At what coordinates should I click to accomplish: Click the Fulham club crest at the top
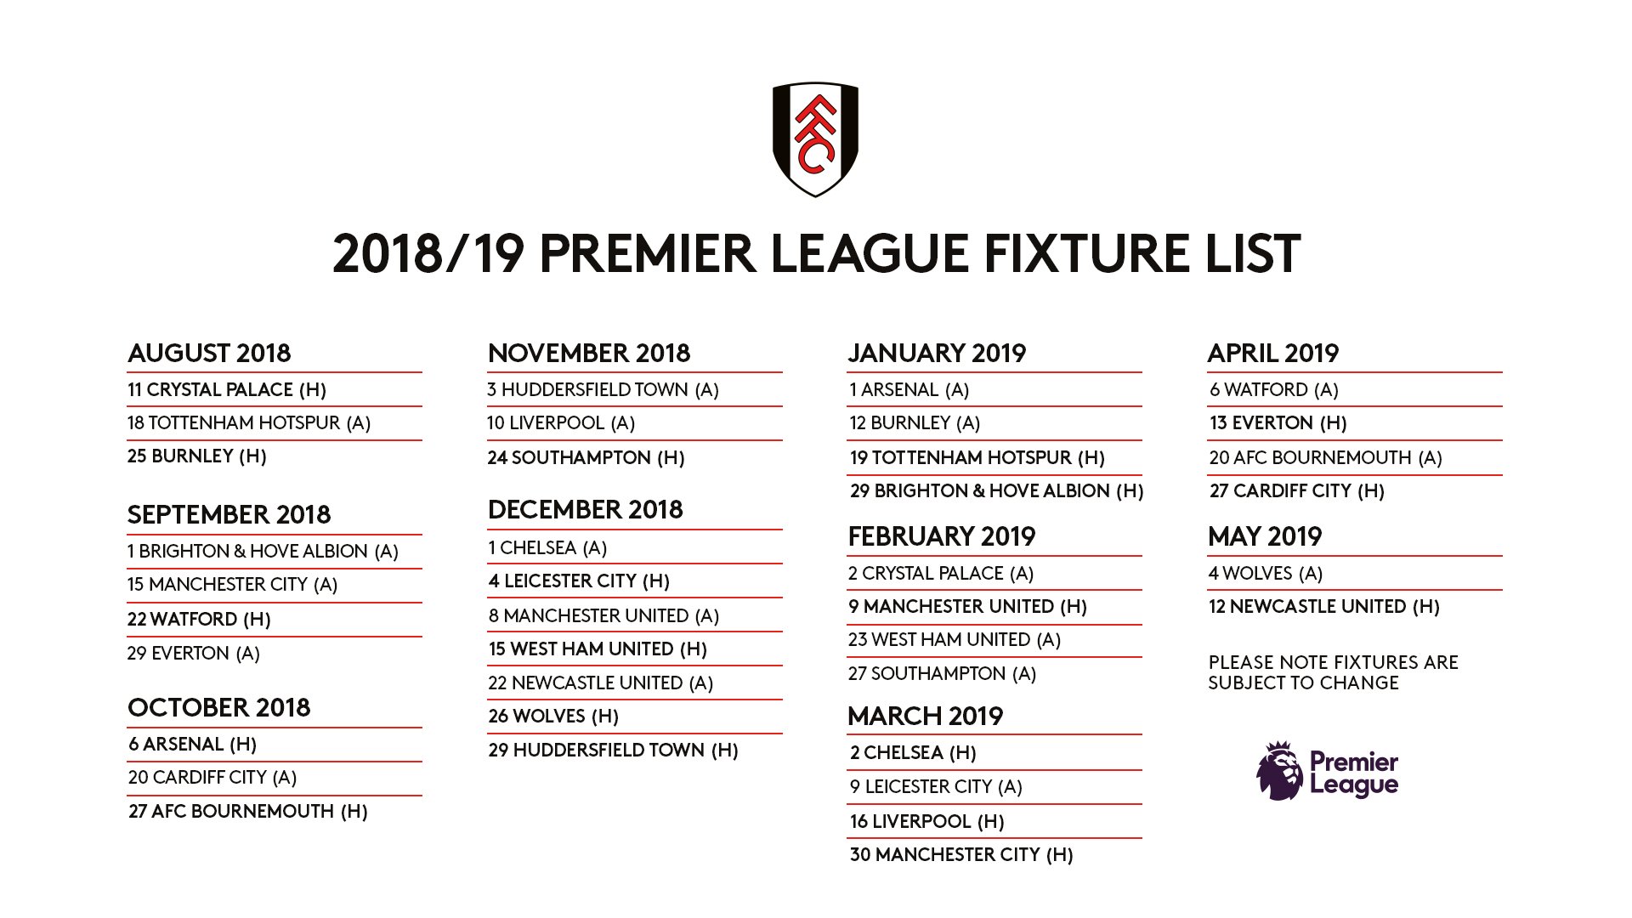pyautogui.click(x=815, y=139)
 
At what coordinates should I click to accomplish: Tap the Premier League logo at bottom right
pyautogui.click(x=1327, y=771)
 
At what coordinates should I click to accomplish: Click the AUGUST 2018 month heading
pyautogui.click(x=209, y=353)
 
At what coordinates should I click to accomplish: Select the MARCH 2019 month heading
pyautogui.click(x=926, y=716)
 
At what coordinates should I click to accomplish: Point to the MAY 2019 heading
pyautogui.click(x=1265, y=536)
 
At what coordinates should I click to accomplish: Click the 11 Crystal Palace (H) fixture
pyautogui.click(x=227, y=390)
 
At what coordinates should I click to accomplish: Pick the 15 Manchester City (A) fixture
pyautogui.click(x=233, y=585)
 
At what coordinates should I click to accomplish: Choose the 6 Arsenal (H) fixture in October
pyautogui.click(x=193, y=745)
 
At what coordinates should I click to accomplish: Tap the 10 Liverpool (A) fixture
pyautogui.click(x=561, y=423)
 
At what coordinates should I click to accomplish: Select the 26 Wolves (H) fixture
pyautogui.click(x=553, y=717)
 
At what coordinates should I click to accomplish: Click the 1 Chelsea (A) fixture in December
pyautogui.click(x=547, y=548)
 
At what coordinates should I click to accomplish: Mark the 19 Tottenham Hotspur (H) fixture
pyautogui.click(x=977, y=458)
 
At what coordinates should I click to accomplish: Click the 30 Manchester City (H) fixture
pyautogui.click(x=961, y=855)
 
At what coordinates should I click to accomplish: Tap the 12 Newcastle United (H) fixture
pyautogui.click(x=1324, y=607)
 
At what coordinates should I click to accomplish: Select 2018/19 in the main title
pyautogui.click(x=428, y=254)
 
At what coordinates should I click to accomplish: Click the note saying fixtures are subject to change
pyautogui.click(x=1333, y=672)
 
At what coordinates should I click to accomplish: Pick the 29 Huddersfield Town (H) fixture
pyautogui.click(x=614, y=751)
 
